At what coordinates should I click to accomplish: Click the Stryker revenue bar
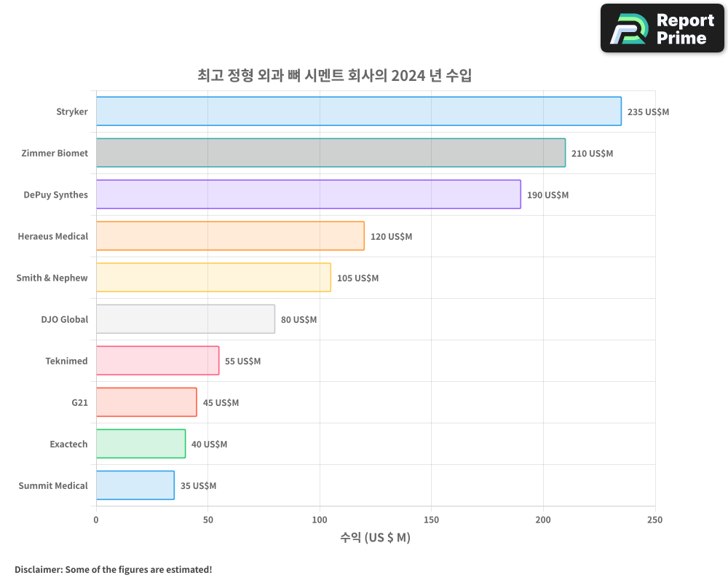tap(358, 111)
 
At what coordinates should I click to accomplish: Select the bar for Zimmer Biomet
tap(331, 153)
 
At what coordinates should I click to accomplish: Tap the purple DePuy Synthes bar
tap(308, 195)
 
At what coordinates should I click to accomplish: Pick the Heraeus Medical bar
tap(230, 236)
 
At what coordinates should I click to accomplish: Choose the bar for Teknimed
tap(157, 361)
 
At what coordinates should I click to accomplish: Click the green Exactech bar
tap(141, 444)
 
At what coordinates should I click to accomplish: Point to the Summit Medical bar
tap(135, 485)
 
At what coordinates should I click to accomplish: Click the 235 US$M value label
tap(648, 112)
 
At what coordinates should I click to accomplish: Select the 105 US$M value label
tap(357, 278)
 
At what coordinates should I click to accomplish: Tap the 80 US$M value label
tap(298, 320)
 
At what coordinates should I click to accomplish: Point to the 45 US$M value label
tap(221, 403)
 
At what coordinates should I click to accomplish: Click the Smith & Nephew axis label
tap(52, 278)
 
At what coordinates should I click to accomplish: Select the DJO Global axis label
tap(65, 319)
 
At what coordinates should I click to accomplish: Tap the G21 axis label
tap(79, 402)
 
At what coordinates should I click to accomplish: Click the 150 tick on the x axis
tap(431, 520)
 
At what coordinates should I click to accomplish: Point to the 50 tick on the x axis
tap(207, 520)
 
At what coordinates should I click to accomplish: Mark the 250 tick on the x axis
tap(654, 520)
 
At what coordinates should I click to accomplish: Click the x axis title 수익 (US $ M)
tap(375, 539)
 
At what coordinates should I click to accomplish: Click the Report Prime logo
tap(662, 28)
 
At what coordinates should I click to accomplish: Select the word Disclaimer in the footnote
tap(37, 569)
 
